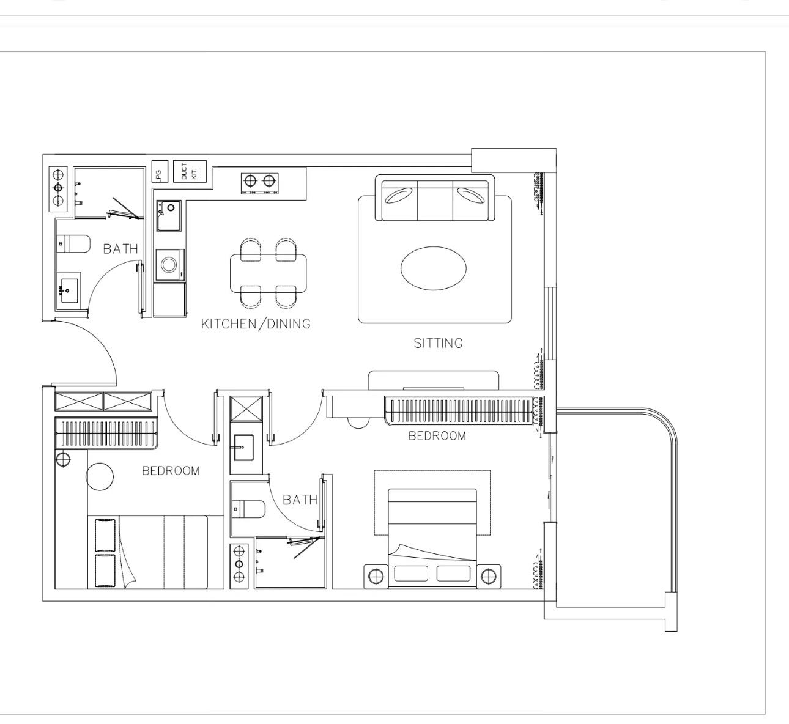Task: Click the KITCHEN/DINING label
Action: click(x=256, y=323)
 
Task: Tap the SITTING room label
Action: click(x=438, y=343)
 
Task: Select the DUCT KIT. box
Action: click(x=190, y=171)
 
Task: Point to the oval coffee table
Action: click(x=434, y=268)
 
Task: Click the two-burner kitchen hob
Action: click(x=259, y=183)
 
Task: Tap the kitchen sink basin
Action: click(x=169, y=216)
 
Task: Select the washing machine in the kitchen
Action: click(x=170, y=265)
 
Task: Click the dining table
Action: click(x=269, y=273)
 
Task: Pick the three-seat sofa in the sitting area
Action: click(x=435, y=198)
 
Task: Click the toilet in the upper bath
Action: click(x=73, y=244)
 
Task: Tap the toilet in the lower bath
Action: click(x=248, y=509)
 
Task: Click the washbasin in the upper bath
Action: click(x=69, y=291)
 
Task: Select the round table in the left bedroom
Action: click(x=100, y=476)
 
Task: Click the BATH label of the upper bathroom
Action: click(x=120, y=249)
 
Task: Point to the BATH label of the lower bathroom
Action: click(x=300, y=500)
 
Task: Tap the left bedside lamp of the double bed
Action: click(x=376, y=577)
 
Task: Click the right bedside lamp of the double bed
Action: click(x=489, y=577)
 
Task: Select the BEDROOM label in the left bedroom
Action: click(x=171, y=471)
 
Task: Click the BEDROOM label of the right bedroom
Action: click(x=437, y=436)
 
